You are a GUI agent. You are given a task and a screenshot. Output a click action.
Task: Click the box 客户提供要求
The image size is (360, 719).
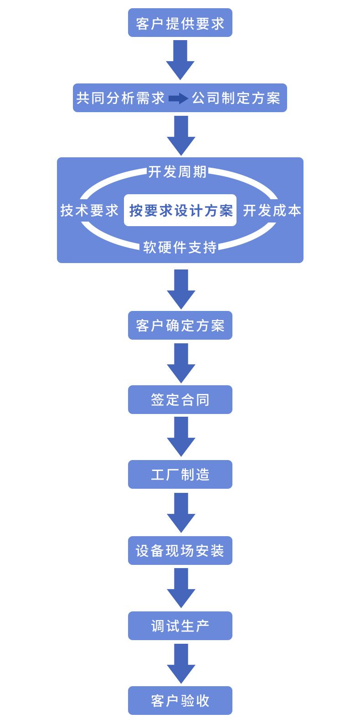180,23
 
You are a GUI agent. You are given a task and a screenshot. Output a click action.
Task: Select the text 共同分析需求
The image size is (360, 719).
120,98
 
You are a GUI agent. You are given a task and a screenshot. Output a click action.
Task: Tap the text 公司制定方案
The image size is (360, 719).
236,98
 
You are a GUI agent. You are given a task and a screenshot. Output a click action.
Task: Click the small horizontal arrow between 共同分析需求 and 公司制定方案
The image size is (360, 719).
178,98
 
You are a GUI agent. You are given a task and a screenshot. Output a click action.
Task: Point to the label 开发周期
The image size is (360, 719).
177,172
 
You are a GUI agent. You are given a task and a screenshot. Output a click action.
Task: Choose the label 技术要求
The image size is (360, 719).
89,210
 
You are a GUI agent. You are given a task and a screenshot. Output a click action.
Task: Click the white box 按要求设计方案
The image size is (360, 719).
180,210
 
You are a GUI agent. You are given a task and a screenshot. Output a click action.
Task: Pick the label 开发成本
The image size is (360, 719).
272,210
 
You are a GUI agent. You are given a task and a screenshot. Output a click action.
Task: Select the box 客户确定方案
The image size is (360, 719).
180,326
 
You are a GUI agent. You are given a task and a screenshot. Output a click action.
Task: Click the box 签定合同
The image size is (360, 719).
180,400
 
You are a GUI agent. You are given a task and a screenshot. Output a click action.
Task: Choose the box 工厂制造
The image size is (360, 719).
180,475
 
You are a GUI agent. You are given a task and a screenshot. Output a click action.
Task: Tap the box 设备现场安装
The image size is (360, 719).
180,551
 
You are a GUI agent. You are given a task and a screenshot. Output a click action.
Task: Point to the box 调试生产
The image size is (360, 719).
180,626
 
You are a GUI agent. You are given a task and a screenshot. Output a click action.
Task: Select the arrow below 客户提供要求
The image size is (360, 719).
180,59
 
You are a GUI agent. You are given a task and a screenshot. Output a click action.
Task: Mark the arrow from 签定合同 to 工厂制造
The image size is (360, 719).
181,436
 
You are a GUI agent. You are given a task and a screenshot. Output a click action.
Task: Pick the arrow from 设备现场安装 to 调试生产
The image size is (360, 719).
181,588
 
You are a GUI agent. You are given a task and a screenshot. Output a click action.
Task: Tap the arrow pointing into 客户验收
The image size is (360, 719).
181,663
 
